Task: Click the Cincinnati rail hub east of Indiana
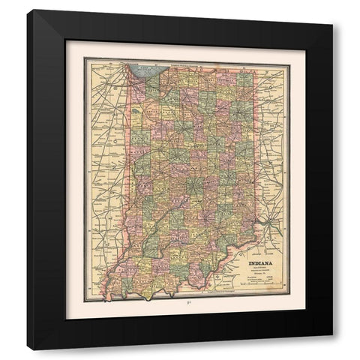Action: pyautogui.click(x=268, y=223)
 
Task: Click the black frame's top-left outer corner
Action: pyautogui.click(x=27, y=10)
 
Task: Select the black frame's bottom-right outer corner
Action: pyautogui.click(x=332, y=350)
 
